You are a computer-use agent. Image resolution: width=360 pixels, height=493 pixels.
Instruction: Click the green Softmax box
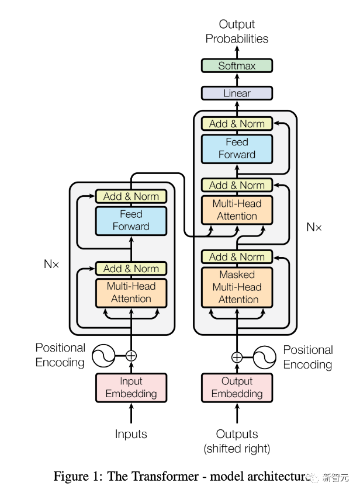237,65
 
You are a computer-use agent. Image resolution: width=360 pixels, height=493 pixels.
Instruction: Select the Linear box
237,93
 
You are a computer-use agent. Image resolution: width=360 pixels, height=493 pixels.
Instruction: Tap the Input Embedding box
131,387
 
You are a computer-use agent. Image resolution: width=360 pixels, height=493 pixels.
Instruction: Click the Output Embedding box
237,387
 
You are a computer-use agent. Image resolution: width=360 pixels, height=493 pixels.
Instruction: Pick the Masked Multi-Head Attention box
237,287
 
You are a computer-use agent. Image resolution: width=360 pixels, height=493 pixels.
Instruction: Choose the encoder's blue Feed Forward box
131,220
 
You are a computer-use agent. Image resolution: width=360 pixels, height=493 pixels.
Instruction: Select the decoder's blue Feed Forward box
237,148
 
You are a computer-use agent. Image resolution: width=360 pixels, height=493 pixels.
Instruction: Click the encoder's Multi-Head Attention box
131,293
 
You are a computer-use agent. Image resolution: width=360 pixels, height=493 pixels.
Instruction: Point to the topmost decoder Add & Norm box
237,124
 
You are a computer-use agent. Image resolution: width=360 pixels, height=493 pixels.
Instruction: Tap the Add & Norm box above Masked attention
237,257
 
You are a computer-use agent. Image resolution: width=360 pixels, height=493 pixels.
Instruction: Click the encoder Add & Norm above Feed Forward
131,196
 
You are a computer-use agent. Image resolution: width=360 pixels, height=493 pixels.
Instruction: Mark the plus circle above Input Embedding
131,355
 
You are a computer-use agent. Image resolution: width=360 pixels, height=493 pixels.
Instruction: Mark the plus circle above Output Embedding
237,357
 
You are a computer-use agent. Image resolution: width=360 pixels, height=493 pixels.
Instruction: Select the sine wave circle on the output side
264,357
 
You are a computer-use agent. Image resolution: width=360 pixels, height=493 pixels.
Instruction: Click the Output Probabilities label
237,32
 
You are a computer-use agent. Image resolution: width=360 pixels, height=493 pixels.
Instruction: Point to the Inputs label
131,434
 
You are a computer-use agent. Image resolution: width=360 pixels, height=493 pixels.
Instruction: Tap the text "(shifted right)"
237,449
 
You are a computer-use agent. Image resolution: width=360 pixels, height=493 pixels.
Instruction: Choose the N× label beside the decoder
314,227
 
